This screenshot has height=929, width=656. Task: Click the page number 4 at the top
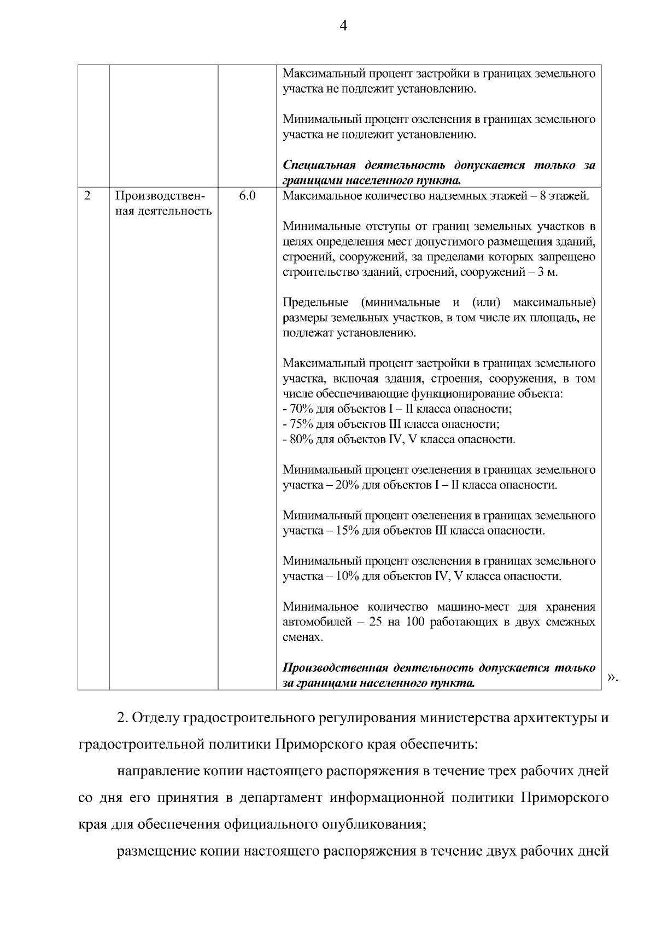pos(343,26)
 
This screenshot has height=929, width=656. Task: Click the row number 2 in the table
pos(87,195)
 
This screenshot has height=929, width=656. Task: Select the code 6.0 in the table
pos(248,195)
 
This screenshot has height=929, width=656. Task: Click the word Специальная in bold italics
pos(319,165)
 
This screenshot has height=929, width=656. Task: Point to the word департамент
pos(280,798)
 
